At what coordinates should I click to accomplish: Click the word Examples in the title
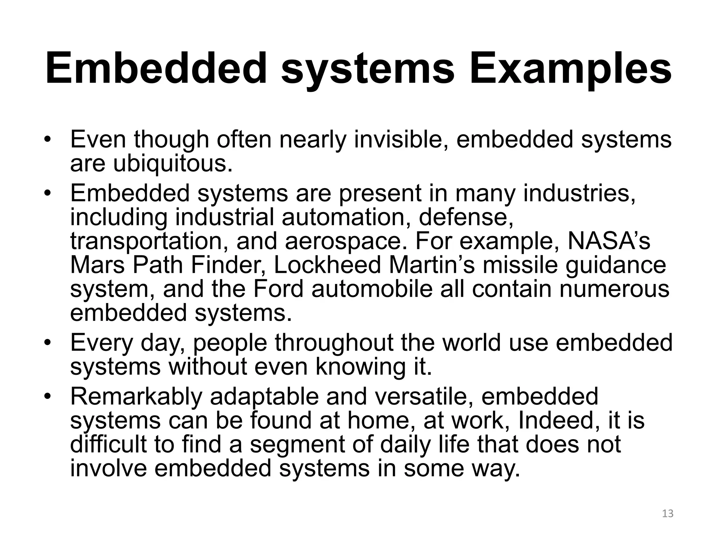[570, 69]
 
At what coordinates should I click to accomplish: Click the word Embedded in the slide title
[156, 68]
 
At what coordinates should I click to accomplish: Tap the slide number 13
[668, 513]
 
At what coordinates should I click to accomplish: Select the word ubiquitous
[172, 164]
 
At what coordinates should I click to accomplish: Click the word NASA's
[609, 241]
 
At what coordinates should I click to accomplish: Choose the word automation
[347, 217]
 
